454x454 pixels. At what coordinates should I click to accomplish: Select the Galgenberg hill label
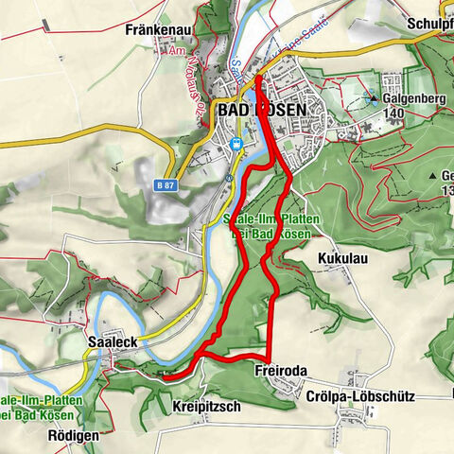pos(412,96)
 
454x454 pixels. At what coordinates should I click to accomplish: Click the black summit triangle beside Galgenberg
pos(375,96)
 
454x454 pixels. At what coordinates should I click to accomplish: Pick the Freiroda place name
pos(280,372)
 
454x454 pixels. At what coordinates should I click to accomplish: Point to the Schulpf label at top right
pos(431,25)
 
